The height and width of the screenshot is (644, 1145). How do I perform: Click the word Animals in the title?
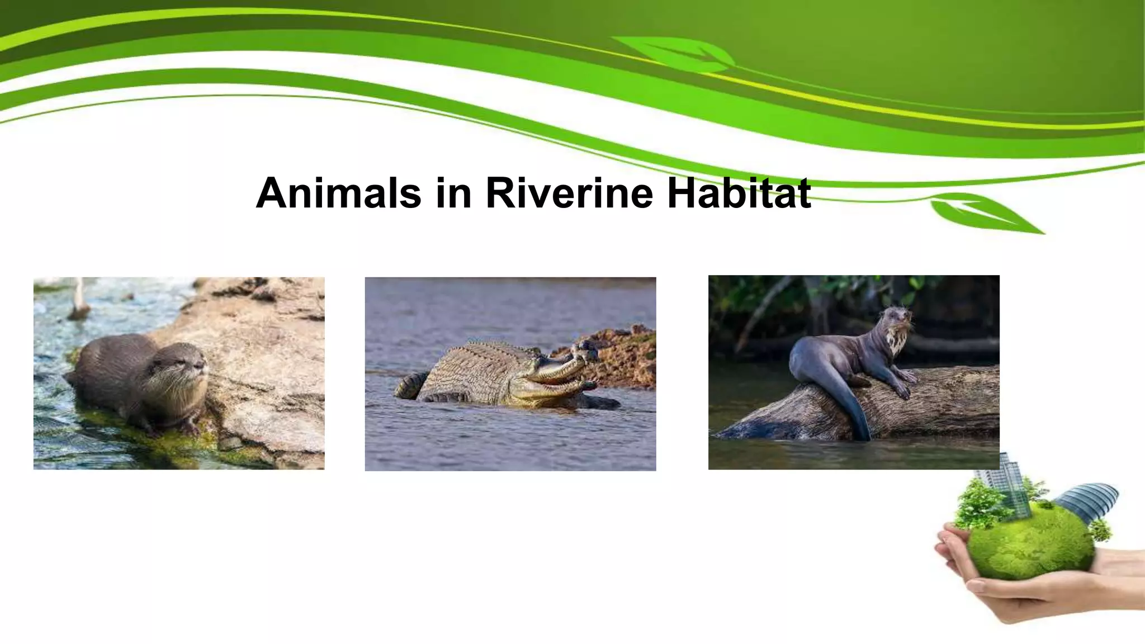[x=338, y=193]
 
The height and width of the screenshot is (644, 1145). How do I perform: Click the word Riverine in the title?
[x=569, y=193]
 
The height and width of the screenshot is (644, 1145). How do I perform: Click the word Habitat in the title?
[x=739, y=193]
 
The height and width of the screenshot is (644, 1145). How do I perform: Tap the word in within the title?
[x=453, y=193]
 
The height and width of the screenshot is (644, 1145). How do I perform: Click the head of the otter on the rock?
[x=182, y=369]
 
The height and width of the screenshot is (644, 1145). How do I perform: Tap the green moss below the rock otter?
[x=168, y=442]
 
